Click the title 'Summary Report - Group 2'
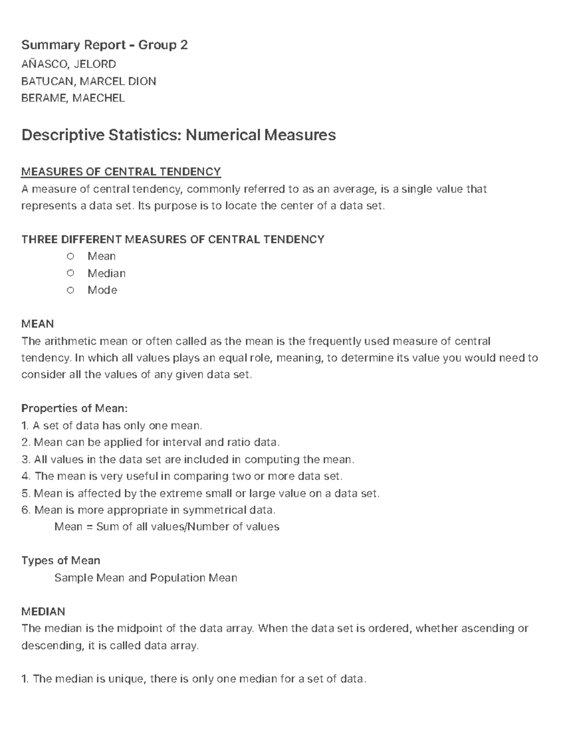105,45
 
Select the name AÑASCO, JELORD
69,64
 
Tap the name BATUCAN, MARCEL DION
89,81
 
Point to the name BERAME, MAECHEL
73,98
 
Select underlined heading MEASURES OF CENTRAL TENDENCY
121,172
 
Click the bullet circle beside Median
71,273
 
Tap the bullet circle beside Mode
71,290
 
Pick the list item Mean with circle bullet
101,256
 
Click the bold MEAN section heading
38,324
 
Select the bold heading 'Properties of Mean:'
74,408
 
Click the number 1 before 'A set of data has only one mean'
25,426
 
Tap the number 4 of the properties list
25,476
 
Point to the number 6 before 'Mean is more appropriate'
25,510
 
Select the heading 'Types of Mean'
61,561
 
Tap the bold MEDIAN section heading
43,612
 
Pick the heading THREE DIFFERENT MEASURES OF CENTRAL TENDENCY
173,240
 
